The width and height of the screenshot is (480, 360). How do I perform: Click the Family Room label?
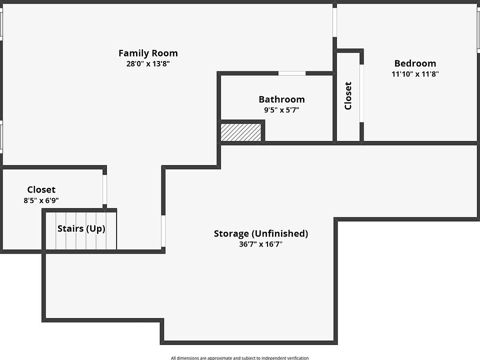pyautogui.click(x=148, y=53)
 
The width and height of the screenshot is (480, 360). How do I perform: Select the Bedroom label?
pyautogui.click(x=415, y=63)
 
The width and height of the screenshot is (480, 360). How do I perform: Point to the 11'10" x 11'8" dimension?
pyautogui.click(x=415, y=74)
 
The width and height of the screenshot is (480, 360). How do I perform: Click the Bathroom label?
pyautogui.click(x=281, y=99)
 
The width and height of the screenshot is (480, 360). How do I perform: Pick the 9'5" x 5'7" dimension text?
pyautogui.click(x=281, y=110)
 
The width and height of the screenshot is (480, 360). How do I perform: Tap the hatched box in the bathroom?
pyautogui.click(x=242, y=132)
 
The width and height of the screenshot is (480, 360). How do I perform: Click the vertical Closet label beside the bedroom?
pyautogui.click(x=348, y=95)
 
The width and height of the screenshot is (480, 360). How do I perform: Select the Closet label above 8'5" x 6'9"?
pyautogui.click(x=41, y=189)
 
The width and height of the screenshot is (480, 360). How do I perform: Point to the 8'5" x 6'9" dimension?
pyautogui.click(x=41, y=200)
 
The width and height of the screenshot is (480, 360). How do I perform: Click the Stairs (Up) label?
pyautogui.click(x=81, y=229)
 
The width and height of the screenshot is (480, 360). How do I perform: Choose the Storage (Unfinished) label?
pyautogui.click(x=261, y=233)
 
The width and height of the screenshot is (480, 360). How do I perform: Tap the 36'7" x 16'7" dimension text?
pyautogui.click(x=261, y=244)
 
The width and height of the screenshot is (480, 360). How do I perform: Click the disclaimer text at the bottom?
pyautogui.click(x=239, y=357)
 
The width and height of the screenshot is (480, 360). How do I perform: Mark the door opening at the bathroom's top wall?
pyautogui.click(x=292, y=74)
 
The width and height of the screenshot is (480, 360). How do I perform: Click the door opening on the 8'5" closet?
pyautogui.click(x=104, y=190)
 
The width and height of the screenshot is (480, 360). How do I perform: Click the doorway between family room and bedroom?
pyautogui.click(x=334, y=21)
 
